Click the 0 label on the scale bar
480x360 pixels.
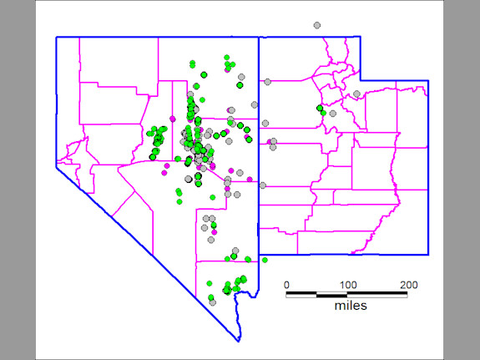[287, 285]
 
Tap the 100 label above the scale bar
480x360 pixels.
[347, 285]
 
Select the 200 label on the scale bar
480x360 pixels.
[408, 285]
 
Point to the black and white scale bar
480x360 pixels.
[347, 294]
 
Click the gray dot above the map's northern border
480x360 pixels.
[316, 26]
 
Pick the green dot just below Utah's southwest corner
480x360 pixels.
[265, 260]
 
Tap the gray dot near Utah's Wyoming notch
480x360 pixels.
[356, 94]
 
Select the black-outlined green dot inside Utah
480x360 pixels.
[321, 109]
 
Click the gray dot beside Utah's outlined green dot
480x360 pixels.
[331, 113]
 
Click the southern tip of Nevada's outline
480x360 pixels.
[239, 341]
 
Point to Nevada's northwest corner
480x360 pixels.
[57, 37]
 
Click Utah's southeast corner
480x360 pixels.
[428, 254]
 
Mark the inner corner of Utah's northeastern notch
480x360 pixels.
[361, 80]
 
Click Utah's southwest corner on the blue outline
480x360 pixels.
[259, 254]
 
